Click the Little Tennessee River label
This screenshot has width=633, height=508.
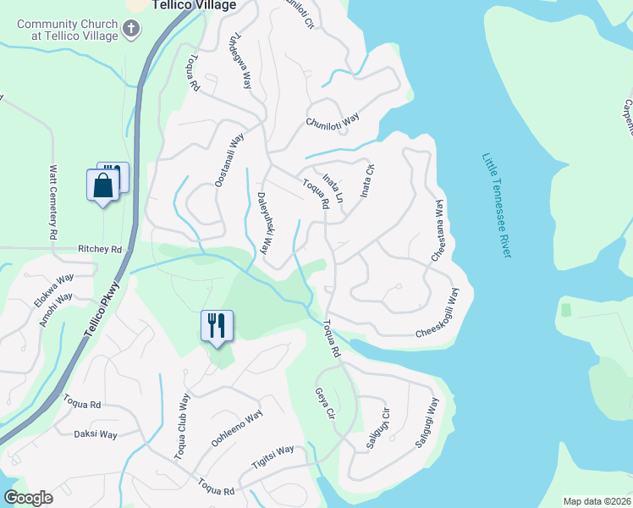pyautogui.click(x=500, y=207)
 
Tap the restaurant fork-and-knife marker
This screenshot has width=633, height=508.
pyautogui.click(x=217, y=324)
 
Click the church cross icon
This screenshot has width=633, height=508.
pyautogui.click(x=130, y=29)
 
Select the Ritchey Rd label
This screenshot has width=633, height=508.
pyautogui.click(x=100, y=250)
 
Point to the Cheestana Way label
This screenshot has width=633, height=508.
pyautogui.click(x=438, y=230)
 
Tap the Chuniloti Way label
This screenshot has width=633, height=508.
pyautogui.click(x=333, y=121)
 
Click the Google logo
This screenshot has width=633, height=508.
pyautogui.click(x=28, y=499)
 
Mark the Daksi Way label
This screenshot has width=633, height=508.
pyautogui.click(x=96, y=434)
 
